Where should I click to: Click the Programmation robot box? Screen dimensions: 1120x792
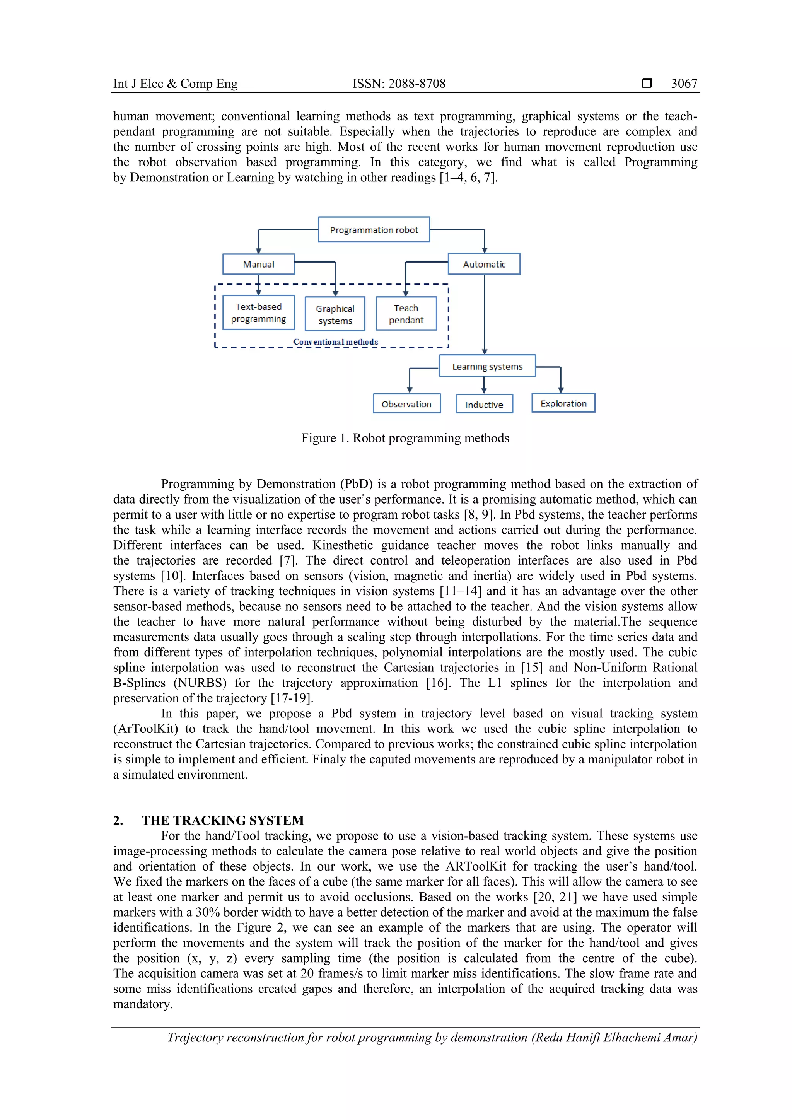[374, 230]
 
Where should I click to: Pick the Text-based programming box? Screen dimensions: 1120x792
[258, 313]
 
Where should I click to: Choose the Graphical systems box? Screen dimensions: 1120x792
[335, 315]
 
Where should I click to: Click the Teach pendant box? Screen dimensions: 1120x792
[406, 314]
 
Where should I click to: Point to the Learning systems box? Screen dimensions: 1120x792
[487, 366]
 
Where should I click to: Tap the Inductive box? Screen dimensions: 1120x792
[484, 405]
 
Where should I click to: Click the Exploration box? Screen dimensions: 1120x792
[563, 403]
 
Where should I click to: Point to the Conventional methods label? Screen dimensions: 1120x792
[336, 342]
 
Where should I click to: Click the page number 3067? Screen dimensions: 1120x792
[684, 84]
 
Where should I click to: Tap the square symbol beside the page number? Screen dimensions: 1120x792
[647, 84]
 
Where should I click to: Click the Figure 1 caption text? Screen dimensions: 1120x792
[405, 438]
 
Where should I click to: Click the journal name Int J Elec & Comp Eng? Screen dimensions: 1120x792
[175, 84]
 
